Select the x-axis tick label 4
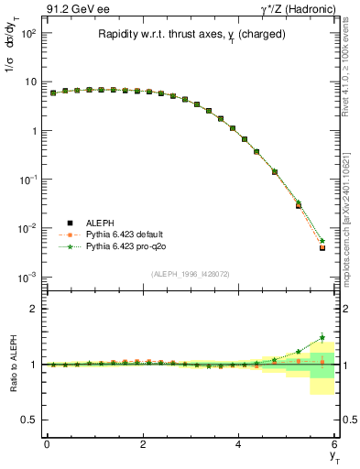point(238,444)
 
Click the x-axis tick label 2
point(143,444)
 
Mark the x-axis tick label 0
point(47,444)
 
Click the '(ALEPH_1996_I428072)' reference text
point(191,274)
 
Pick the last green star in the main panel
point(322,241)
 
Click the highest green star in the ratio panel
point(322,338)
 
